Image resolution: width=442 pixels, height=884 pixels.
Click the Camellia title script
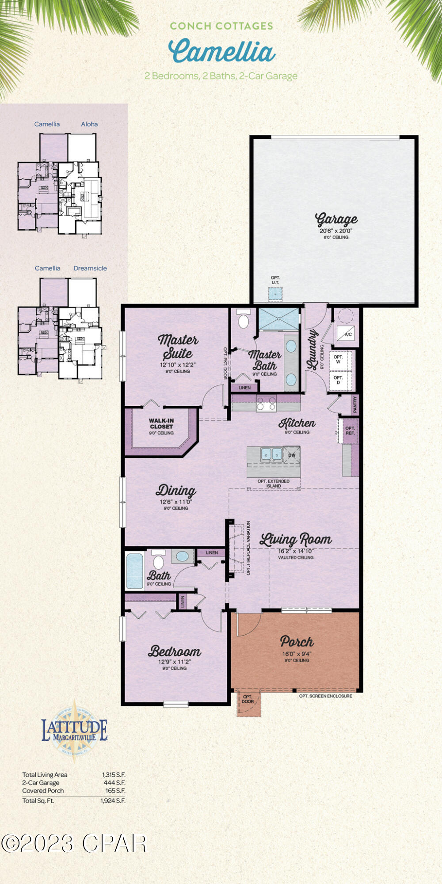click(x=221, y=51)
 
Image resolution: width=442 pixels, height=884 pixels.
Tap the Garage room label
click(x=336, y=219)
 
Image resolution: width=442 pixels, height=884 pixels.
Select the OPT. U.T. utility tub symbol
click(x=275, y=293)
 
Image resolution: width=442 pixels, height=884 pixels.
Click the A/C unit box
click(x=348, y=334)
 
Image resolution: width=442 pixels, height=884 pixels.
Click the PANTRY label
click(x=355, y=404)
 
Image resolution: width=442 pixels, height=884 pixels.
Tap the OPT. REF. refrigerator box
click(x=350, y=431)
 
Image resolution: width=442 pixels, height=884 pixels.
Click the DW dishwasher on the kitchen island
click(x=292, y=455)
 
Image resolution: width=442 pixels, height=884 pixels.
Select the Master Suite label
click(x=178, y=347)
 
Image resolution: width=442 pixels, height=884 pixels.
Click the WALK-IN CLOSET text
click(x=161, y=424)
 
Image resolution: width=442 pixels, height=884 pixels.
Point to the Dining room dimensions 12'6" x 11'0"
click(x=176, y=502)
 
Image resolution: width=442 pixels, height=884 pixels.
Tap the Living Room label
click(x=295, y=539)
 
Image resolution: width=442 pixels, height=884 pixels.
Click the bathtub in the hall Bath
click(x=135, y=571)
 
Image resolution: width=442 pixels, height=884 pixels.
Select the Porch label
click(x=297, y=641)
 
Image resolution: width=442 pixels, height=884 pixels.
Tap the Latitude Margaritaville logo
click(x=74, y=731)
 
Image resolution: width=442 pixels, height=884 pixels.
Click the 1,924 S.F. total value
click(x=113, y=800)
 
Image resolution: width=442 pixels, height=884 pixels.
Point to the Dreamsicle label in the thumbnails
click(x=90, y=268)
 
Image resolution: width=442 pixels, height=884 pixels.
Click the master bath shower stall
click(x=278, y=319)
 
